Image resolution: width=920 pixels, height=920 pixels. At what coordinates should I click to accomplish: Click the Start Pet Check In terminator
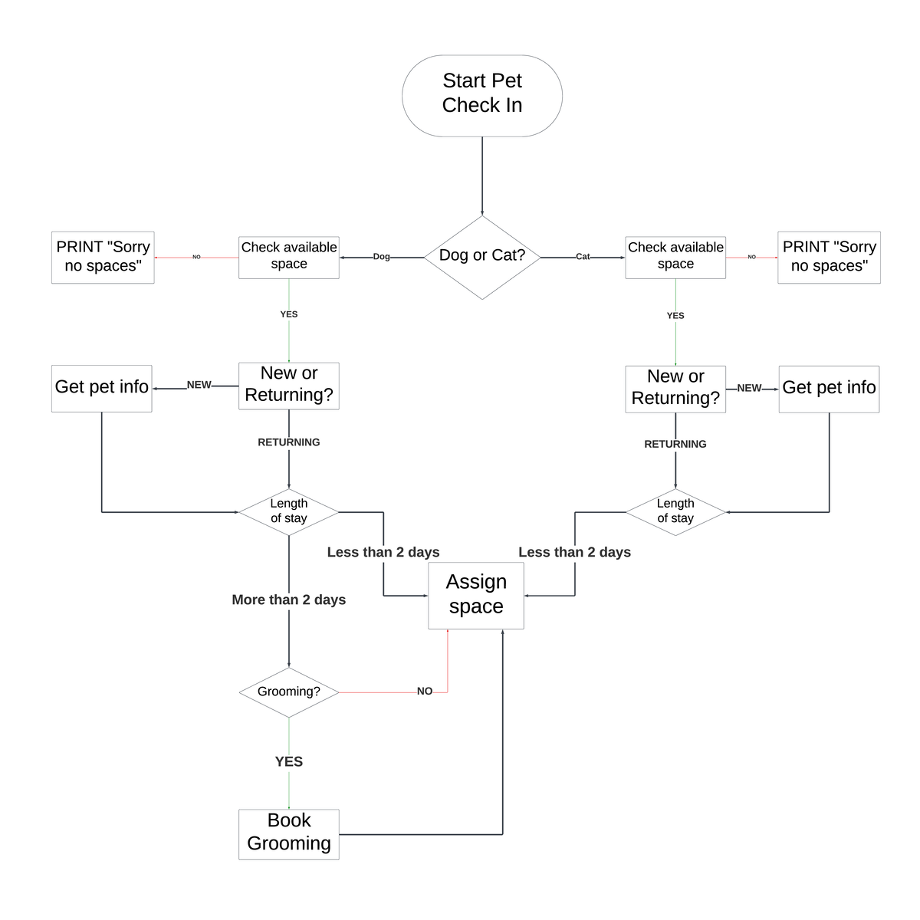(x=481, y=96)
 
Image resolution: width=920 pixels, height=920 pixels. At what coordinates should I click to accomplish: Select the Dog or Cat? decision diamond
(x=481, y=257)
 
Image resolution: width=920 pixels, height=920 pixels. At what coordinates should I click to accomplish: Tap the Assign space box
(x=476, y=596)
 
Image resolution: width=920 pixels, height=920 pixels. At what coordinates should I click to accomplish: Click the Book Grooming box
(x=289, y=834)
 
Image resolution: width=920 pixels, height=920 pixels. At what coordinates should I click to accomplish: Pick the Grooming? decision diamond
(x=289, y=692)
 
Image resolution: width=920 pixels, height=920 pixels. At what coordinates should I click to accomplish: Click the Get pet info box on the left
(x=102, y=388)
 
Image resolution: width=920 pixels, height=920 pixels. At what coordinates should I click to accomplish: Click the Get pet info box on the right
(x=829, y=389)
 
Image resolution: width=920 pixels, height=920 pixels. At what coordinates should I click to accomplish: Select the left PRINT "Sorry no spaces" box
(x=103, y=258)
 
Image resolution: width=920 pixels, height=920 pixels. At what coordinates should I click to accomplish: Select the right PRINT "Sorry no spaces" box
(x=829, y=258)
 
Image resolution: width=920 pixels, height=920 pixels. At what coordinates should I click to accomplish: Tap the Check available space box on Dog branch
(x=289, y=257)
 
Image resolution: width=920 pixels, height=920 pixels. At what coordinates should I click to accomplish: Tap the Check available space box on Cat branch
(x=675, y=257)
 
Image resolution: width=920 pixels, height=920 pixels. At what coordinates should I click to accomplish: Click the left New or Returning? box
(x=289, y=386)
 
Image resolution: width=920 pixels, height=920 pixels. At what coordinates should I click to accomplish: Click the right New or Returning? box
(x=675, y=389)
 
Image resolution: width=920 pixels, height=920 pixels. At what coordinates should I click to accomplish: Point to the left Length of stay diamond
(x=289, y=512)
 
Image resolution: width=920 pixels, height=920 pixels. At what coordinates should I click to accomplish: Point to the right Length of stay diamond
(x=675, y=512)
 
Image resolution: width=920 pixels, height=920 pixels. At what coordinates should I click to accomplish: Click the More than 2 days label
(x=289, y=600)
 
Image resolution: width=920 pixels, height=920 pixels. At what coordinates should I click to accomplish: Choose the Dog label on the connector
(x=381, y=257)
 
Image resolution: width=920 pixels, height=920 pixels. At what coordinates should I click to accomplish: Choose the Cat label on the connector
(x=583, y=257)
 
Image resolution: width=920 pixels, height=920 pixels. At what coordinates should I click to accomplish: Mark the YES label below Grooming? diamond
(x=289, y=761)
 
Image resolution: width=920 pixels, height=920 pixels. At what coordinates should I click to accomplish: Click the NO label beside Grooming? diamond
(x=425, y=692)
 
